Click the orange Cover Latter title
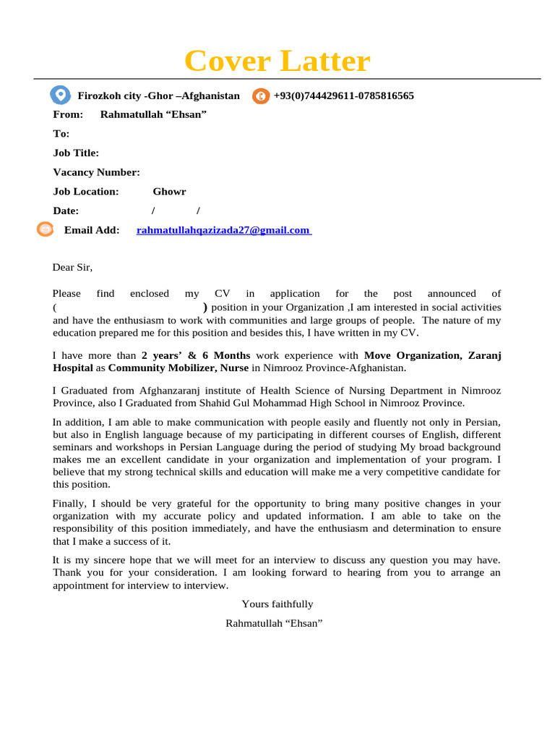277,62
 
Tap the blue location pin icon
60,95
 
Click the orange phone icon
261,96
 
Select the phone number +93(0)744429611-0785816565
343,96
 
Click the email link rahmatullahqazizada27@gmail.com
223,230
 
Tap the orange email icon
46,229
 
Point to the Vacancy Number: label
96,172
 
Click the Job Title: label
76,153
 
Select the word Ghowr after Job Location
169,192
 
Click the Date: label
66,211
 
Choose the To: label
61,134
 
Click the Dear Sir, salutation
72,267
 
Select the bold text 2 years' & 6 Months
196,355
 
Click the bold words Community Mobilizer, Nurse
178,368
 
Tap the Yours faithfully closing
277,604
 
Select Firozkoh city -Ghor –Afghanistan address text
158,96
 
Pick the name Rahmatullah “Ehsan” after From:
153,114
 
